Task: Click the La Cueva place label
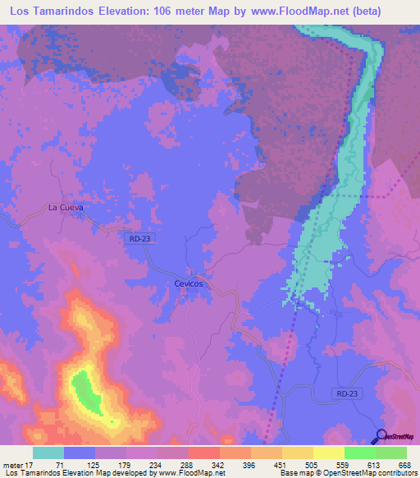66,207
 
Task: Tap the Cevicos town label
189,283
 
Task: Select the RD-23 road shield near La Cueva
139,238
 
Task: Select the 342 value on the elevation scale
219,465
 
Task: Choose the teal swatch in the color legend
48,453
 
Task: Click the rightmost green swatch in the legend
390,453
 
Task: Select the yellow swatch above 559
328,453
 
